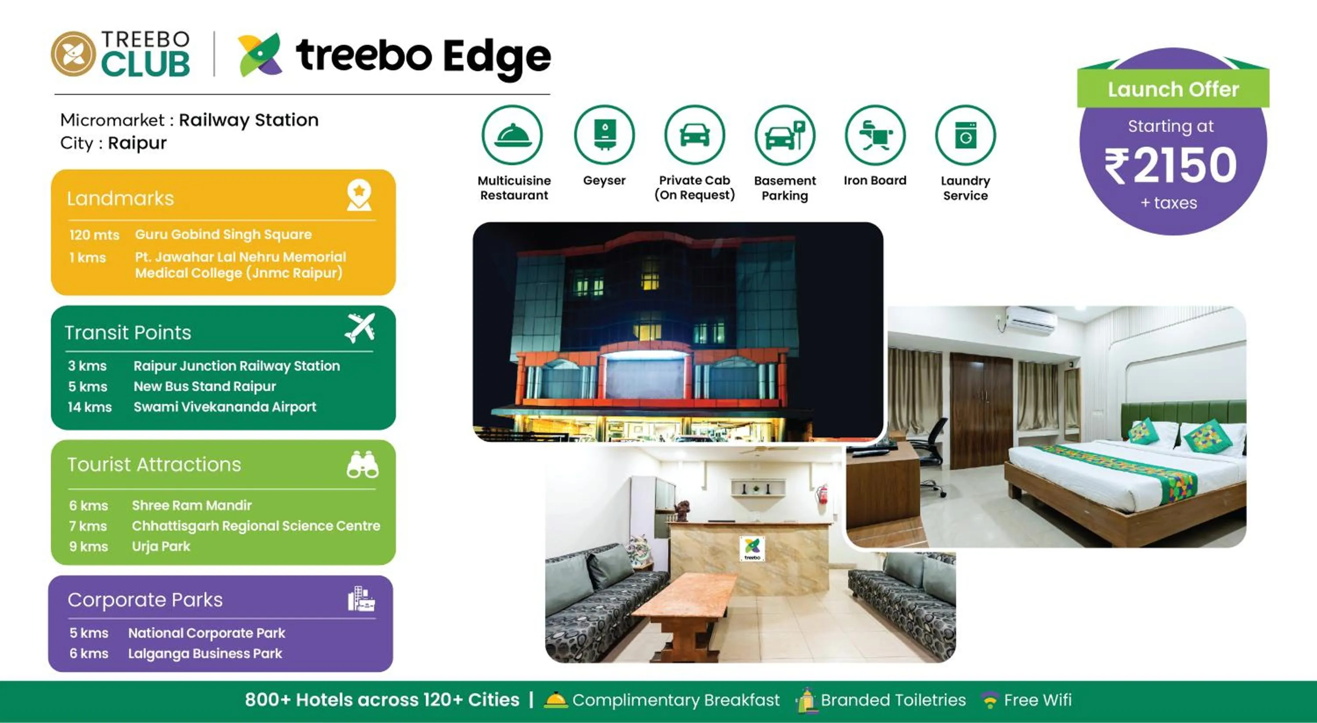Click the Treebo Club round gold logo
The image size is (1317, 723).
pos(73,54)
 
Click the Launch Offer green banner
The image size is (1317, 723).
pos(1173,90)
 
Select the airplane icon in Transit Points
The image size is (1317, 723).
pos(360,328)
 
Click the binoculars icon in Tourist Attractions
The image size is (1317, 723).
pos(363,465)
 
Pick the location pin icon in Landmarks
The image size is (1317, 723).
pos(359,195)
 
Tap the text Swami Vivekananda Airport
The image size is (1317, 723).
pos(224,407)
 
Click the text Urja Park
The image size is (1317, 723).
pos(161,546)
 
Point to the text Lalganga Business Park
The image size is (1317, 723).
pos(205,654)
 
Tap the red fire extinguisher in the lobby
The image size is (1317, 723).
pos(823,494)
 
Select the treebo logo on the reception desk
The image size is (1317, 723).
pos(752,549)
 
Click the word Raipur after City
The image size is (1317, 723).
pos(137,143)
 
